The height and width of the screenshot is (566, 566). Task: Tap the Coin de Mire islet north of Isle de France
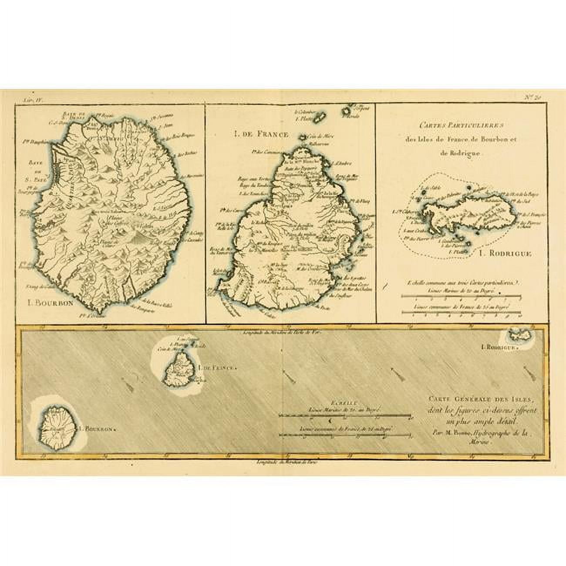[301, 138]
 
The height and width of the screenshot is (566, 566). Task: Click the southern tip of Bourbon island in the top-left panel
[102, 311]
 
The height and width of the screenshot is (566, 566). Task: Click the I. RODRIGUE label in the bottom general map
[499, 347]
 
